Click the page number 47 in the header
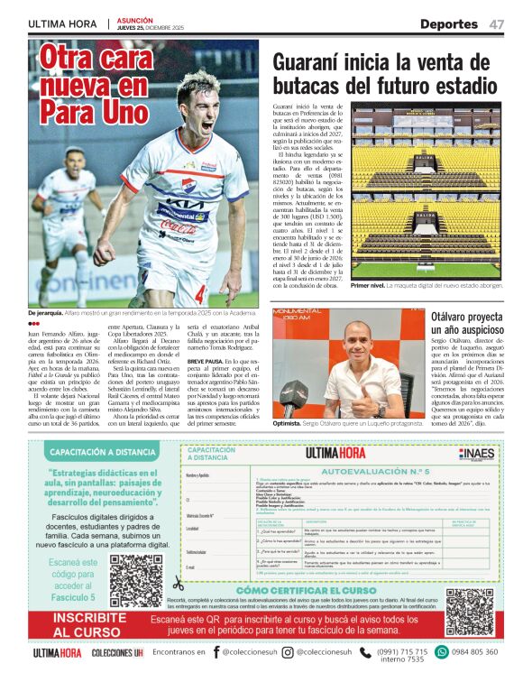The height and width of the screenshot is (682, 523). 497,24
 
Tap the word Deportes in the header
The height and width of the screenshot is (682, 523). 448,24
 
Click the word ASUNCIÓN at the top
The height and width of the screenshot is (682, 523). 135,19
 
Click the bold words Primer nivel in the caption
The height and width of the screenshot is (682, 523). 373,285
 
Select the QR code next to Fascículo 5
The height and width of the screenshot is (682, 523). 136,578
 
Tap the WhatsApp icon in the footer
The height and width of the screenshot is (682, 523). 441,652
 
